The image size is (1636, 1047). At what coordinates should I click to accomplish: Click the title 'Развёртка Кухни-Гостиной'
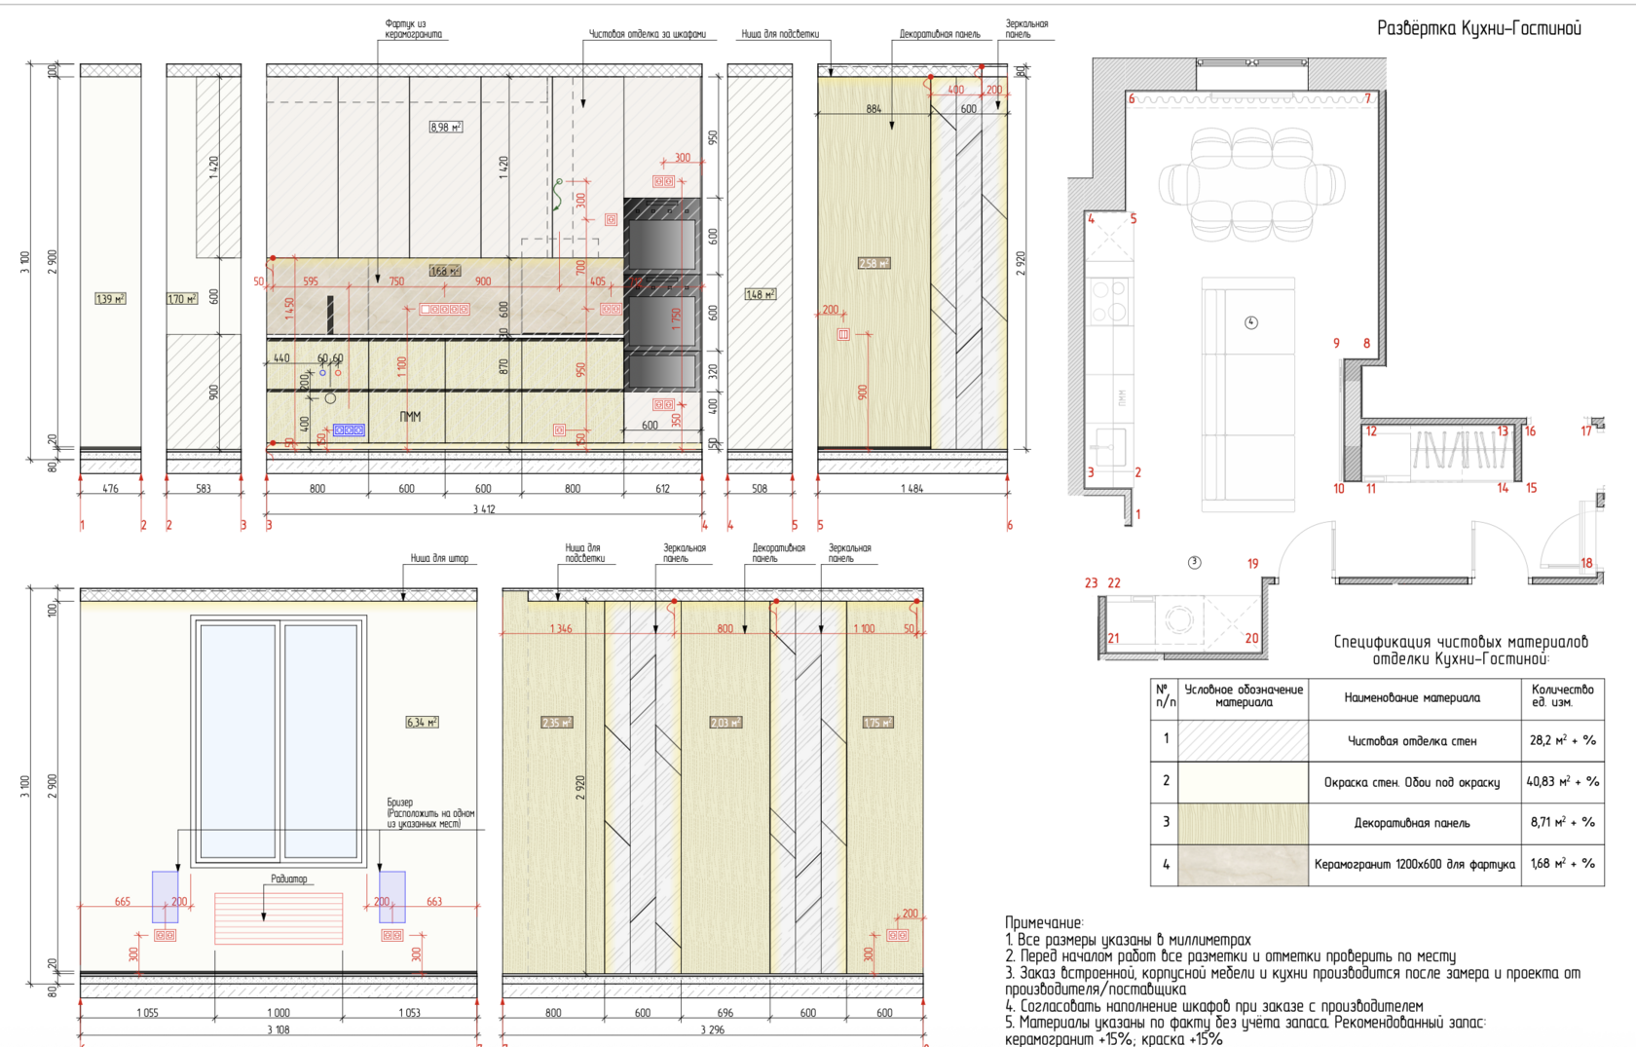coord(1478,28)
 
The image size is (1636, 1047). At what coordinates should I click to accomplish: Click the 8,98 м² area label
coord(445,128)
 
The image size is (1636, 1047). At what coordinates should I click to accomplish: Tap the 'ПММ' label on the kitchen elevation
coord(410,417)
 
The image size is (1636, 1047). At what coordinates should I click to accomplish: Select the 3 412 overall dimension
coord(484,509)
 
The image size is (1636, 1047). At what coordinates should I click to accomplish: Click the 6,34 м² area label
coord(422,723)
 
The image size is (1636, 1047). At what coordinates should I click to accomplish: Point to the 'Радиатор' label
coord(288,879)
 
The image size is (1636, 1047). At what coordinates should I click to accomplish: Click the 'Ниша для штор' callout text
coord(439,559)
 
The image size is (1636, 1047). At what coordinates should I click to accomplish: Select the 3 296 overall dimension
coord(712,1030)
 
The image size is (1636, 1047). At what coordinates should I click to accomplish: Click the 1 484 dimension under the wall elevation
coord(911,489)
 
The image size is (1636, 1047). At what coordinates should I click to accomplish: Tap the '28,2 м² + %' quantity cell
coord(1562,740)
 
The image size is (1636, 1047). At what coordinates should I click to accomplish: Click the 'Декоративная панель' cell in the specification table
coord(1412,823)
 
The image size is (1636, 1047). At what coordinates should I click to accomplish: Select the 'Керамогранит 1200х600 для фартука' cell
coord(1414,864)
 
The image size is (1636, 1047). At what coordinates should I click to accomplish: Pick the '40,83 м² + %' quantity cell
coord(1562,781)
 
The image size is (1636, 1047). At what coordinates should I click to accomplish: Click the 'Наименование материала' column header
coord(1412,697)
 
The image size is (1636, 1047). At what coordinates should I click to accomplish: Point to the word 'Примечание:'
coord(1044,922)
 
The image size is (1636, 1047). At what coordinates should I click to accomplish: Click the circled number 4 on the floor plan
coord(1251,322)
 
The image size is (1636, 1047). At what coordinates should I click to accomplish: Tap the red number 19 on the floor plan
coord(1252,564)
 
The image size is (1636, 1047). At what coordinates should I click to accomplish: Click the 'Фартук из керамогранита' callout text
coord(413,29)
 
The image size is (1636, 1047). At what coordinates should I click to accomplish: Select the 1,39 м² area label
coord(110,299)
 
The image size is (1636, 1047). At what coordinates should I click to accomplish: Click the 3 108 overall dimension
coord(278,1030)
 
